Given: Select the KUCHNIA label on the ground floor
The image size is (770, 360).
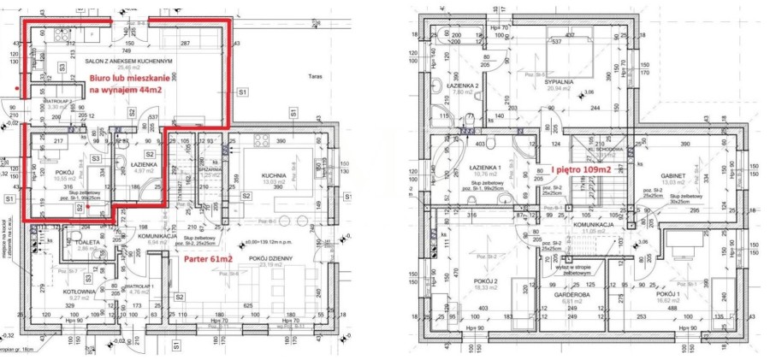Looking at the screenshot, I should click(x=273, y=175).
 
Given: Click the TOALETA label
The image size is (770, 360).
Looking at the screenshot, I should click(x=86, y=243).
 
